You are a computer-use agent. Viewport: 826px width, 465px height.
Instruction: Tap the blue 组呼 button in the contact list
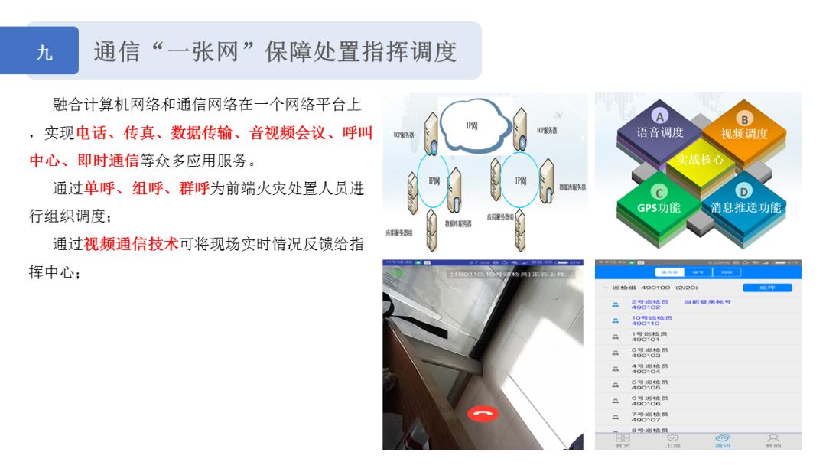coord(767,288)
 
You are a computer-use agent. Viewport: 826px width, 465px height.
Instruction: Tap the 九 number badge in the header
coord(45,52)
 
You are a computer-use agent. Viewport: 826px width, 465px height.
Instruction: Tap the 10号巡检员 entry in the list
coord(650,320)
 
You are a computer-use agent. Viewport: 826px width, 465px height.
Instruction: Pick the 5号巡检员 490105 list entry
coord(650,385)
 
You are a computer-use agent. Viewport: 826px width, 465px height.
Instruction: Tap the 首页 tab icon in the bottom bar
coord(623,440)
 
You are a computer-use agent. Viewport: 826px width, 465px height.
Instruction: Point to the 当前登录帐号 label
coord(707,302)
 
